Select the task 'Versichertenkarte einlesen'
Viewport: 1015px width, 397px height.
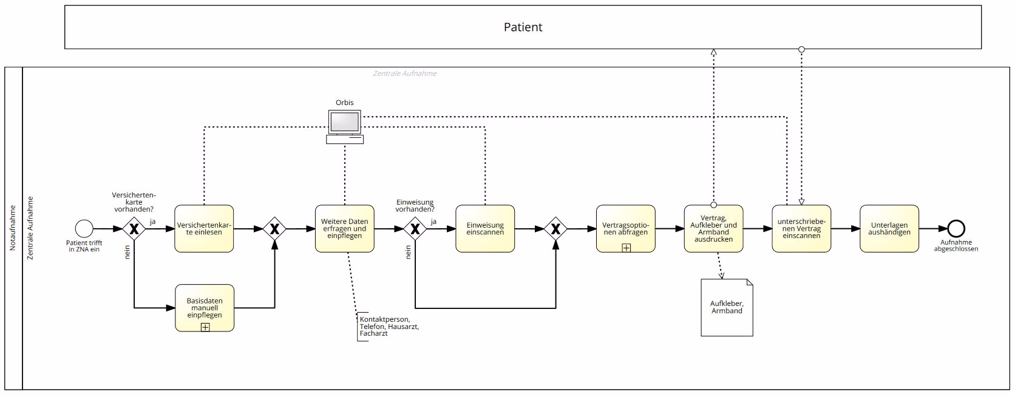(204, 229)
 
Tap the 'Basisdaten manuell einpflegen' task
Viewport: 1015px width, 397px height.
(205, 308)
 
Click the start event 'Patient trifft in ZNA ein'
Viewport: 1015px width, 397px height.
(84, 229)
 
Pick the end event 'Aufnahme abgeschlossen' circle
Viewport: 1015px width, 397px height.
(956, 229)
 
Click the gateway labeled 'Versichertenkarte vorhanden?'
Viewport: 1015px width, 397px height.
(134, 229)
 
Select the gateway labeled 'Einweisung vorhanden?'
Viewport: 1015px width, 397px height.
(415, 229)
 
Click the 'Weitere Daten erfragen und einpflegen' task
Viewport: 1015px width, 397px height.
(344, 229)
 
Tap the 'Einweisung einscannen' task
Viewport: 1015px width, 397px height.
(485, 229)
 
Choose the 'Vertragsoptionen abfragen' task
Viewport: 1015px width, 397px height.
(625, 229)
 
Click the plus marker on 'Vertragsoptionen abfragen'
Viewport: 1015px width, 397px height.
(626, 248)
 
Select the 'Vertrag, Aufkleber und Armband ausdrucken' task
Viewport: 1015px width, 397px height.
(713, 229)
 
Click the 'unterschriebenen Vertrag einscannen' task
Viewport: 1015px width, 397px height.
(801, 229)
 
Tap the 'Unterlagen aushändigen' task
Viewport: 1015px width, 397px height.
(889, 229)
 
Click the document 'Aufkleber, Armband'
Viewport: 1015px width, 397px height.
(727, 308)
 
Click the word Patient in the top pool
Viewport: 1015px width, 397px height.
(523, 27)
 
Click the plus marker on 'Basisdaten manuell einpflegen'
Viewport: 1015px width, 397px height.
(205, 327)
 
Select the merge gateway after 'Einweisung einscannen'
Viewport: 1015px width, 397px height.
(555, 229)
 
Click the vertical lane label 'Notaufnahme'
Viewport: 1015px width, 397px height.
(13, 228)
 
